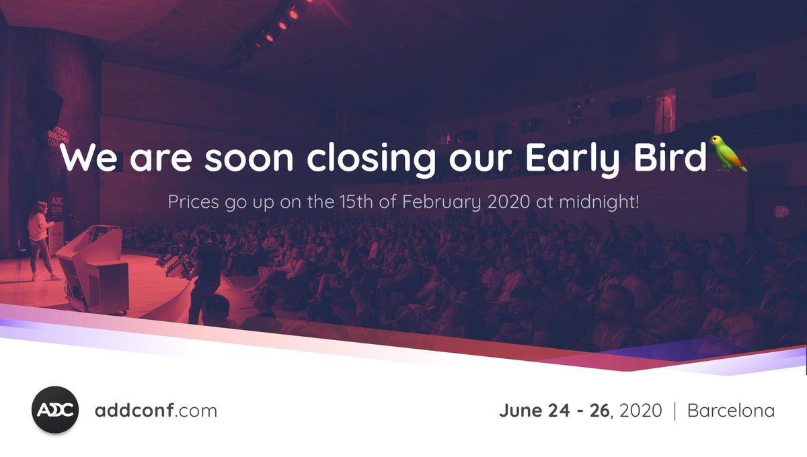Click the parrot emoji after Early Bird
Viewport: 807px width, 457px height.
click(729, 154)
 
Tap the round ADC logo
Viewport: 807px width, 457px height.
click(55, 410)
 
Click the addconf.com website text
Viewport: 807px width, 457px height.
click(156, 411)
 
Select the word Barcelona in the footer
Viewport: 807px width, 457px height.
click(730, 411)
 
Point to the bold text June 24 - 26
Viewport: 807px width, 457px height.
click(555, 411)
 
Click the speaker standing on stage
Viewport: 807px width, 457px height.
click(40, 239)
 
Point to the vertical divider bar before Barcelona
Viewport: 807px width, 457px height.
click(675, 411)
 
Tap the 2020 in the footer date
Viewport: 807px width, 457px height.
click(640, 411)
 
